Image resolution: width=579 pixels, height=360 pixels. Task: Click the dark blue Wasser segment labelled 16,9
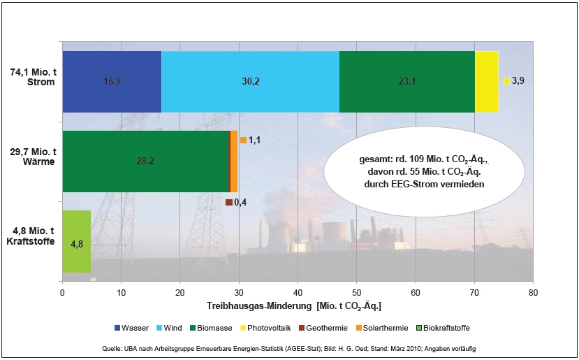(112, 82)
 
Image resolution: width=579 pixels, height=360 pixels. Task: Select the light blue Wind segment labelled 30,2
(250, 82)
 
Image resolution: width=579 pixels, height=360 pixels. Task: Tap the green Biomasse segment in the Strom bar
(406, 82)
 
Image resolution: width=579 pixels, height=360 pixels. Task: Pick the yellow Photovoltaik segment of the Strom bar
(486, 82)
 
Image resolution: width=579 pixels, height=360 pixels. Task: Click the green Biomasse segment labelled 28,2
(145, 161)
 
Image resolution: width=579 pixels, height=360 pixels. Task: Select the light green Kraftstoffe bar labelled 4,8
(77, 242)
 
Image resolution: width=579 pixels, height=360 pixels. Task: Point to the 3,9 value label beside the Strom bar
(518, 81)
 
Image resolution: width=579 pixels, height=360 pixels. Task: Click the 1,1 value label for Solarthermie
(254, 141)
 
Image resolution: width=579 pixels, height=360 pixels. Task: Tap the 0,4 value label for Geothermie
(240, 203)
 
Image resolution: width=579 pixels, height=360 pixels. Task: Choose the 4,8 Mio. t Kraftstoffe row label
(31, 237)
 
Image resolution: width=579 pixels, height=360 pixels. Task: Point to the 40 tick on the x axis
(298, 293)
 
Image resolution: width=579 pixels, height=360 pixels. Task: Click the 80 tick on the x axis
(533, 293)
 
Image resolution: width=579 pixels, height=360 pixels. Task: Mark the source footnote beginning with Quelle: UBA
(290, 348)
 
